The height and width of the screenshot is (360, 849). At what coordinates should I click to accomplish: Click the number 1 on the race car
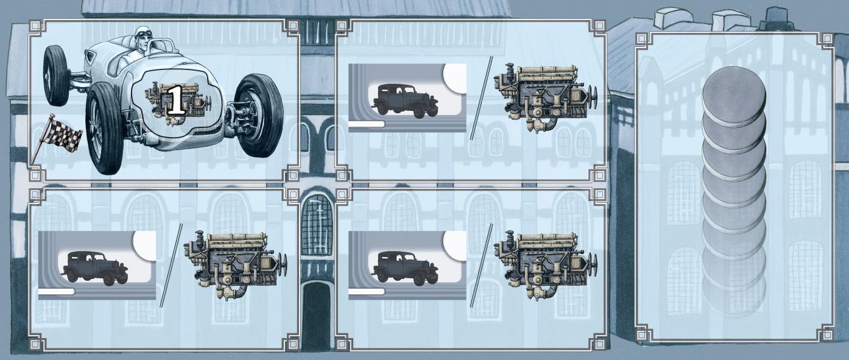pyautogui.click(x=176, y=100)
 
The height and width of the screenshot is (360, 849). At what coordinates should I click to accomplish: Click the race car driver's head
pyautogui.click(x=143, y=38)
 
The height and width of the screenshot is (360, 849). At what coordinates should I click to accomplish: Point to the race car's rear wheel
pyautogui.click(x=56, y=75)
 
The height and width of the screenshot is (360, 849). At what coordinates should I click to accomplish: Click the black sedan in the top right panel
pyautogui.click(x=406, y=101)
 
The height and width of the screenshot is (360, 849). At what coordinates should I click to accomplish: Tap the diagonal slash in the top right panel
pyautogui.click(x=481, y=98)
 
